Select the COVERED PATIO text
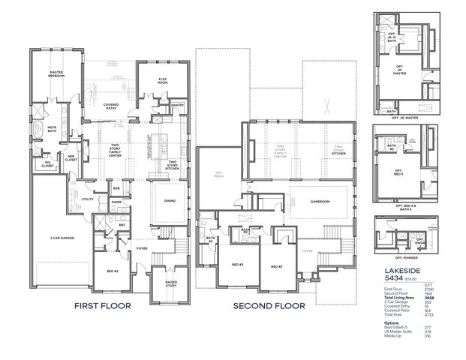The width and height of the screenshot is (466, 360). pyautogui.click(x=111, y=106)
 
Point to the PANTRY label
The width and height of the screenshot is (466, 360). pyautogui.click(x=177, y=106)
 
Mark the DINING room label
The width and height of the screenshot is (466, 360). pyautogui.click(x=169, y=200)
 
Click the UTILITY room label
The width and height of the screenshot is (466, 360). pyautogui.click(x=87, y=199)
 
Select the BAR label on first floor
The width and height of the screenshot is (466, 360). pyautogui.click(x=116, y=188)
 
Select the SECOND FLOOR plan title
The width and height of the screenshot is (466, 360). pyautogui.click(x=269, y=306)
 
